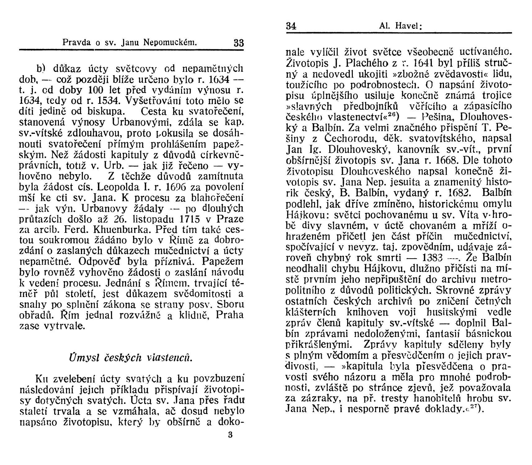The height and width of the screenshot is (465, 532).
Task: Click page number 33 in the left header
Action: coord(239,43)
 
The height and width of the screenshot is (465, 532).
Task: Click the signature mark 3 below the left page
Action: coord(230,435)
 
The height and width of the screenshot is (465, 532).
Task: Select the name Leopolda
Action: coord(121,187)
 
